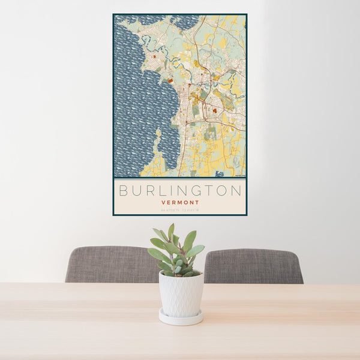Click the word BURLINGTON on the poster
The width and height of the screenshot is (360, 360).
click(180, 191)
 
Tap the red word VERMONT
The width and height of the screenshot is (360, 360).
click(180, 203)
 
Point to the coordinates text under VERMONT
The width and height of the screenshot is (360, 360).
click(180, 210)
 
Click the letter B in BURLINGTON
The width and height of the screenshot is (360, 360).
click(124, 191)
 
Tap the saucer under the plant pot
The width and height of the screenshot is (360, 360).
click(181, 318)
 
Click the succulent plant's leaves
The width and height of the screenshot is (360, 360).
click(177, 252)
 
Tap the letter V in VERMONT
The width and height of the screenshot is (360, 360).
click(163, 203)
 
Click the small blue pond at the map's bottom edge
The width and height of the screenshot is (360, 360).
click(220, 173)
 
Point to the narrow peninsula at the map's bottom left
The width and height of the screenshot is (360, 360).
click(158, 144)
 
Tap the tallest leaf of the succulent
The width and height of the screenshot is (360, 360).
click(172, 231)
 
